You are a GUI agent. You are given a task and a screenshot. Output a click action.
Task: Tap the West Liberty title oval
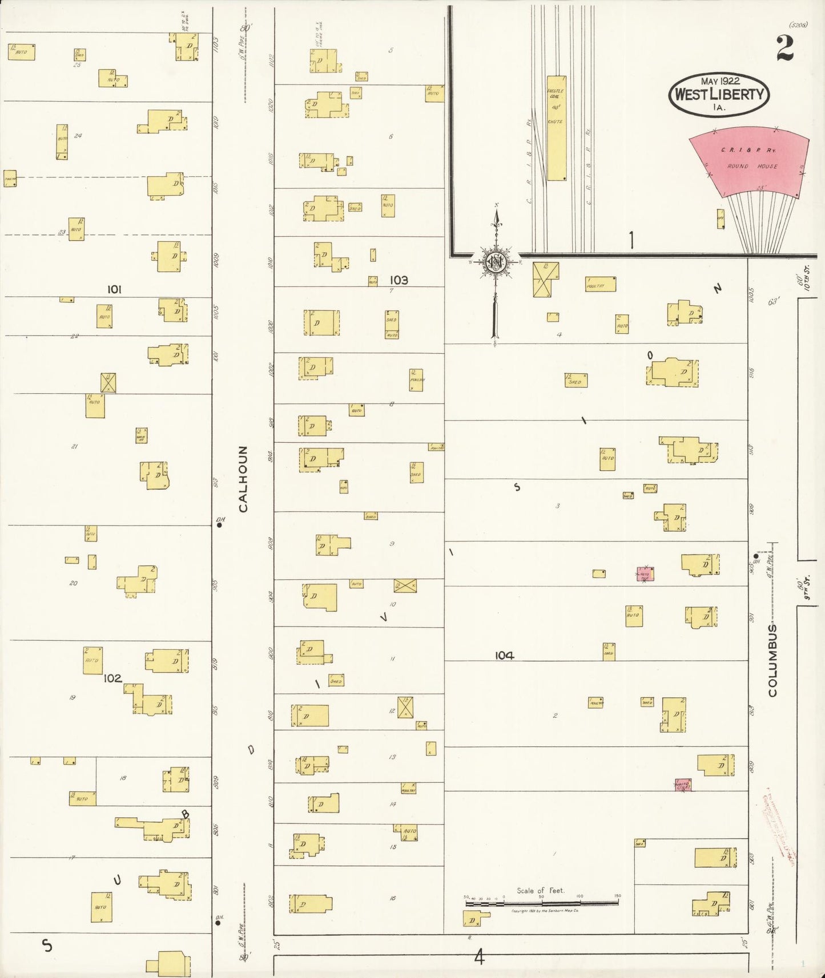(x=719, y=95)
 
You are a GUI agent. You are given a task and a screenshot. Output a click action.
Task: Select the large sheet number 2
(x=784, y=48)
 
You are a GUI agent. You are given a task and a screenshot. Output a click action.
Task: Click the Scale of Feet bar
(x=541, y=903)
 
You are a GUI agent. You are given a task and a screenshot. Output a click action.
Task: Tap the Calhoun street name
(x=243, y=479)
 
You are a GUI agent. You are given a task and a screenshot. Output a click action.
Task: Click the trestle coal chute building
(x=556, y=128)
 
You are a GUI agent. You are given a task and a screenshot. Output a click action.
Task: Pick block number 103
(x=399, y=280)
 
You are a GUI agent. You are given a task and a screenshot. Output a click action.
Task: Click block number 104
(x=504, y=656)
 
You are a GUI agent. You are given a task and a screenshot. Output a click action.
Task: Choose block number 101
(x=114, y=290)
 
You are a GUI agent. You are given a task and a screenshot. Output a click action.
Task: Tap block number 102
(x=112, y=678)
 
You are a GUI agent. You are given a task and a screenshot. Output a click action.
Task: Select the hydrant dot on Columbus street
(x=756, y=556)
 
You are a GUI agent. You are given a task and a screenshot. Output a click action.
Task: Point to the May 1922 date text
(x=720, y=81)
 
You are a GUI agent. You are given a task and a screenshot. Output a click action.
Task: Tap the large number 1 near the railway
(x=631, y=241)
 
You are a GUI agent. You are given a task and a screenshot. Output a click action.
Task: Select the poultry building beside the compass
(x=601, y=284)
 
